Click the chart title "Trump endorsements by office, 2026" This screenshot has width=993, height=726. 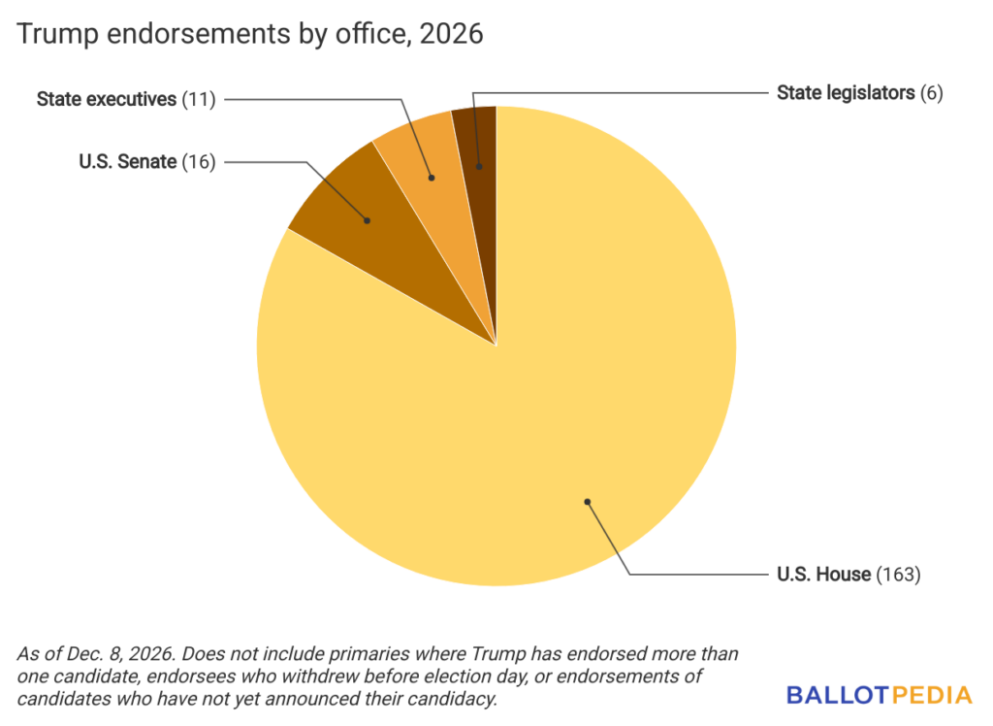point(250,34)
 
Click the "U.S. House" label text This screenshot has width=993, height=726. point(823,575)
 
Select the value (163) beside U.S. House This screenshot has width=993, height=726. point(898,575)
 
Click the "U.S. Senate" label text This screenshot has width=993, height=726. point(128,162)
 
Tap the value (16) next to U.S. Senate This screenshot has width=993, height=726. point(199,162)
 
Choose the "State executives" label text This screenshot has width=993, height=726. point(107,99)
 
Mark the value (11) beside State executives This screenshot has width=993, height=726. point(199,99)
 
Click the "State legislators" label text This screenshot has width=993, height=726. point(847,93)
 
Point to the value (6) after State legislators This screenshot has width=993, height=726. point(931,93)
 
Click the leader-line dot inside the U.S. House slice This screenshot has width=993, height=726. point(587,502)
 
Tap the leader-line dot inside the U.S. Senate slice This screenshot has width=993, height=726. point(368,220)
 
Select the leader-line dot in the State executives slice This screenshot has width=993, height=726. point(432,178)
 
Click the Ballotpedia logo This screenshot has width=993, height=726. point(879,695)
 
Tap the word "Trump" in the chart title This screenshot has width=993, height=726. point(51,34)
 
